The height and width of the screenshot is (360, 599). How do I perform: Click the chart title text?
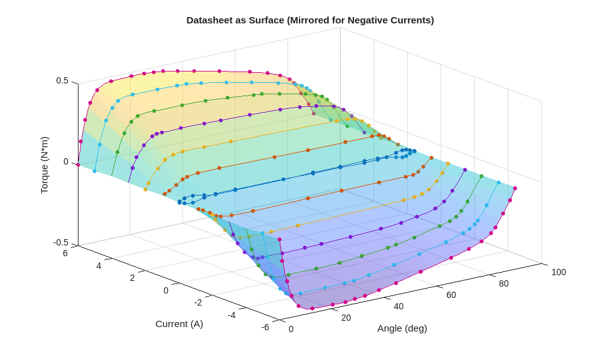(x=310, y=20)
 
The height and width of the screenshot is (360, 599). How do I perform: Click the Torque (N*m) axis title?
(x=44, y=165)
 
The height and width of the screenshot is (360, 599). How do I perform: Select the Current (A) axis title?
(x=179, y=324)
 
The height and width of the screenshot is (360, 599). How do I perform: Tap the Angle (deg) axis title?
(x=402, y=328)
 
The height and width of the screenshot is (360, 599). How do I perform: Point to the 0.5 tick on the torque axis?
(x=62, y=80)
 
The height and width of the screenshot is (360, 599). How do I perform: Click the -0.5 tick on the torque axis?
(x=61, y=242)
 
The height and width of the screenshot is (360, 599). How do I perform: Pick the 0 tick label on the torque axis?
(x=65, y=161)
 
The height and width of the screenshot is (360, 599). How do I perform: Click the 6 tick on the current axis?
(x=65, y=253)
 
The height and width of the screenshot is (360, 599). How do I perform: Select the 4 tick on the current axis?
(x=98, y=266)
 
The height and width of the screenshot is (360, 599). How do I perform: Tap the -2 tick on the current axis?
(x=198, y=302)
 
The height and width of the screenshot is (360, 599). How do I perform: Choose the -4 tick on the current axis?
(x=231, y=314)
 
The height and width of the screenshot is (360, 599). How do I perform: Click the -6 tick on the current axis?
(x=265, y=326)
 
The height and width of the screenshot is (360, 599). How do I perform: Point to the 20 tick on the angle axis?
(x=346, y=317)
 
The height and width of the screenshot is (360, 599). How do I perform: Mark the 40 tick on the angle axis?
(x=398, y=306)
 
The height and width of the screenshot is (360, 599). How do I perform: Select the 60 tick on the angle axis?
(x=451, y=295)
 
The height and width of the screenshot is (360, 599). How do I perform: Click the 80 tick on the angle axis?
(x=503, y=283)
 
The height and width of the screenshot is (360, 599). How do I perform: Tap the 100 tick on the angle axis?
(x=558, y=272)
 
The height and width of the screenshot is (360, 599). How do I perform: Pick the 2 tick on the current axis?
(x=132, y=278)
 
